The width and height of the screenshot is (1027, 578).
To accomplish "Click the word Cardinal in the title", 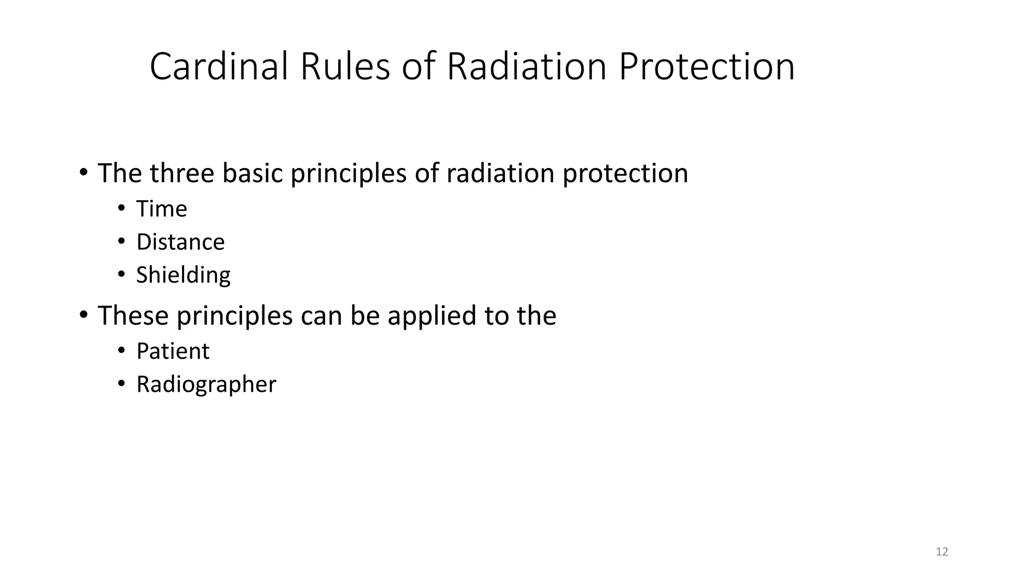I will pyautogui.click(x=219, y=66).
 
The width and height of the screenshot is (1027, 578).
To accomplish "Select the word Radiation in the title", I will pyautogui.click(x=527, y=66).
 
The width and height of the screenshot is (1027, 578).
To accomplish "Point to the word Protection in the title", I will pyautogui.click(x=707, y=66).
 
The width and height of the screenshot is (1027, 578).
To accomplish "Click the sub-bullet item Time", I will pyautogui.click(x=161, y=209).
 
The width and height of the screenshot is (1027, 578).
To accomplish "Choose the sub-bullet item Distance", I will pyautogui.click(x=181, y=242).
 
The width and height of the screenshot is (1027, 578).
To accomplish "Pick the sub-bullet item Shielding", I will pyautogui.click(x=183, y=275).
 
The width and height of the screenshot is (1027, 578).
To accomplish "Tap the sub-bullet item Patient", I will pyautogui.click(x=173, y=351).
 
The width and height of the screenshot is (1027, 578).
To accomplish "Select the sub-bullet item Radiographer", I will pyautogui.click(x=206, y=384).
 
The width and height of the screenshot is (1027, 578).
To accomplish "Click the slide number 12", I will pyautogui.click(x=942, y=552).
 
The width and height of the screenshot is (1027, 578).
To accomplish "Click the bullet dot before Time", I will pyautogui.click(x=121, y=208).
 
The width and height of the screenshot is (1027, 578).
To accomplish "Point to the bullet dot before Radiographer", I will pyautogui.click(x=121, y=383).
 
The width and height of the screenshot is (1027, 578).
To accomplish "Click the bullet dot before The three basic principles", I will pyautogui.click(x=83, y=173).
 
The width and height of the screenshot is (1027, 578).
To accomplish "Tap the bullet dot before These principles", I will pyautogui.click(x=83, y=315).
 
